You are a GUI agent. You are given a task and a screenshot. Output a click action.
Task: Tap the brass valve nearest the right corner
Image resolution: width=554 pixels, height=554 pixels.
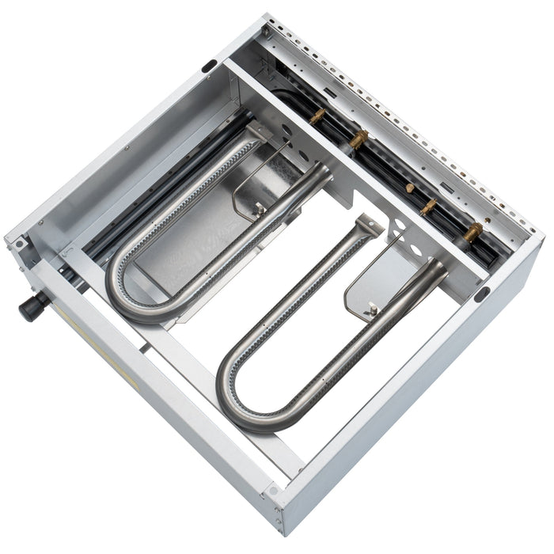coord(472,232)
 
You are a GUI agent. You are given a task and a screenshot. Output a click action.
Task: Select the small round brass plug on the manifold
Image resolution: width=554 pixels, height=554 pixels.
coord(410,188)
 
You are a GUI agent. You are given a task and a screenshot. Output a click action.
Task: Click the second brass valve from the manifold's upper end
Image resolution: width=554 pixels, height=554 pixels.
coord(358,140)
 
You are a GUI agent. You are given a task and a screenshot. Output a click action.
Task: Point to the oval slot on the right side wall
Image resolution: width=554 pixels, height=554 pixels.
coord(481,294)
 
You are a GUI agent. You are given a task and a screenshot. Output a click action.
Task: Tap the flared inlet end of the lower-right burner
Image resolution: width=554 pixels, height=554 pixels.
coord(431,273)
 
